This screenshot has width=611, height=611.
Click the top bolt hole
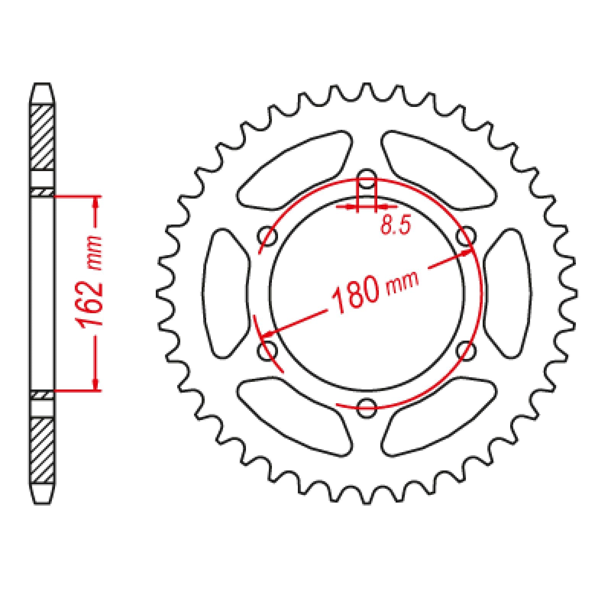[x=367, y=179]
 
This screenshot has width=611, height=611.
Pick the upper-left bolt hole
[x=267, y=237]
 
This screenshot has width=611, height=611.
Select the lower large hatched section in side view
[x=42, y=451]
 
